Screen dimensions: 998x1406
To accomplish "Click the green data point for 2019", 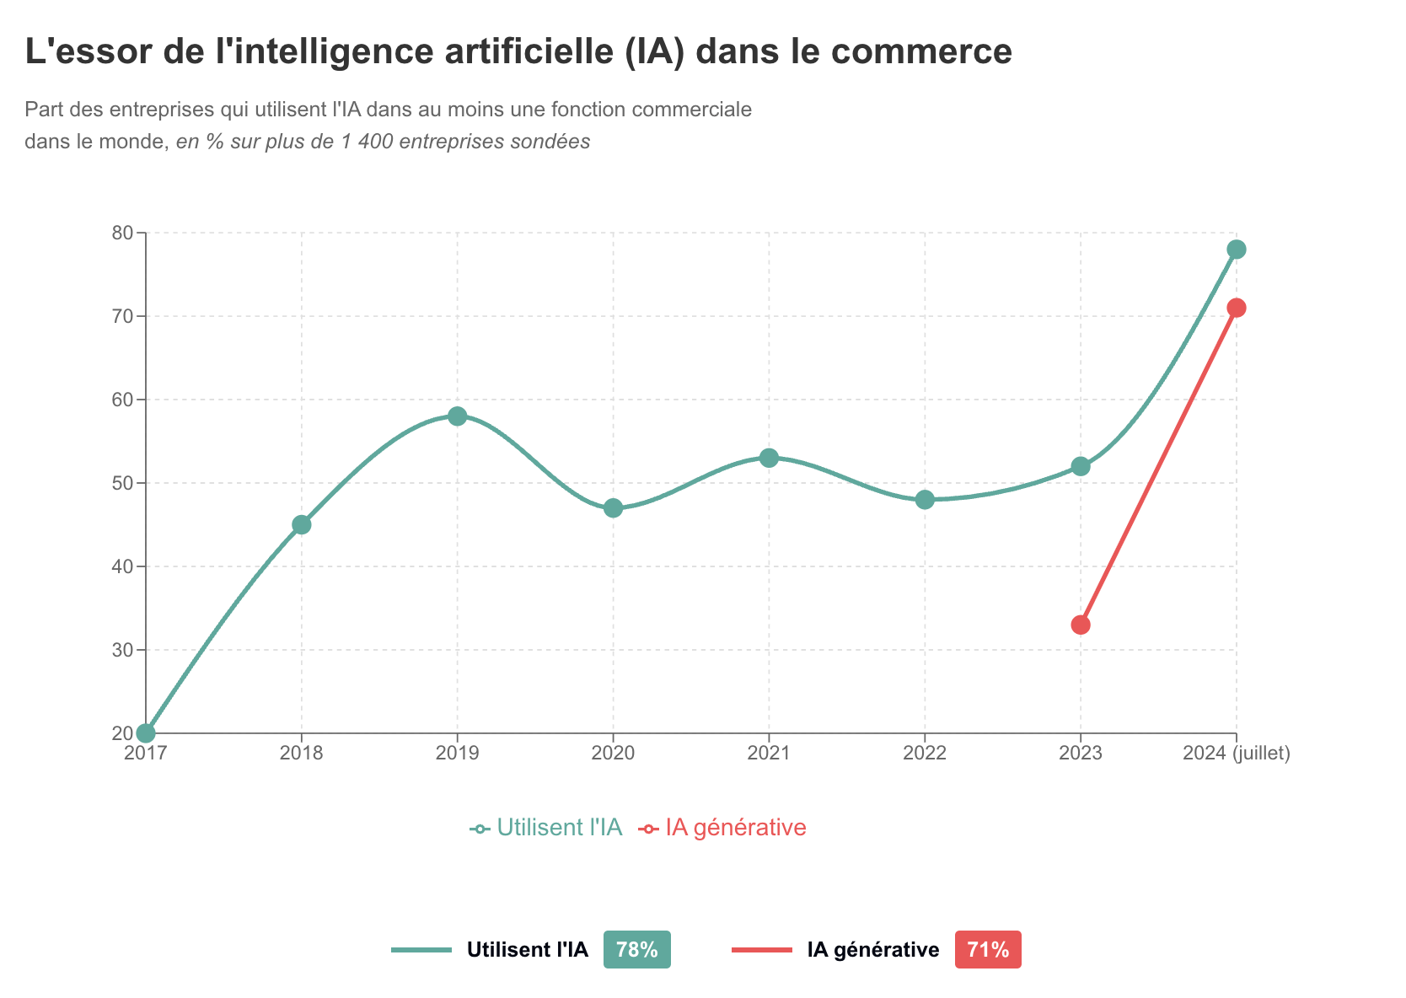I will pos(457,416).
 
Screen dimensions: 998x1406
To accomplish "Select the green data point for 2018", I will pos(302,524).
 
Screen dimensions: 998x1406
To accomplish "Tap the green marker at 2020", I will pos(613,508).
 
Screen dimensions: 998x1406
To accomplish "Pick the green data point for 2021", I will pos(769,458).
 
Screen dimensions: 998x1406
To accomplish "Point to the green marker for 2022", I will pos(925,500).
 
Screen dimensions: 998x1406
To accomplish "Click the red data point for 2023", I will pos(1081,625).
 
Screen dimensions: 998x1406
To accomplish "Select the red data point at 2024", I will pos(1237,308).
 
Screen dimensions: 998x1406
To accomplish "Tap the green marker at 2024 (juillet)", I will pos(1237,249).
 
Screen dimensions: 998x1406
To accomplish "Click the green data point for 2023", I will pos(1081,466).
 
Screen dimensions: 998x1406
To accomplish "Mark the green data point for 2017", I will pos(146,733).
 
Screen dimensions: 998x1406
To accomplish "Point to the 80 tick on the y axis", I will pos(123,233).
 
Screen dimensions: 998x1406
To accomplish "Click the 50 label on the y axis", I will pos(123,483).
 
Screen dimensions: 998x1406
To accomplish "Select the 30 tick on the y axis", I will pos(123,650).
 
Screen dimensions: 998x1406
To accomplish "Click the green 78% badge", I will pos(637,950).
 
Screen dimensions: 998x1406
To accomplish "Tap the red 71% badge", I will pos(988,950).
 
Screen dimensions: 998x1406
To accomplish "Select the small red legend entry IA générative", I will pos(724,828).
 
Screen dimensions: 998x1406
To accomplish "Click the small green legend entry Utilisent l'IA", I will pos(548,828).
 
